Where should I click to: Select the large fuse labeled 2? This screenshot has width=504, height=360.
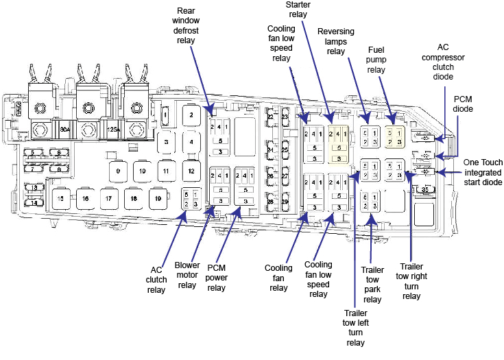click(x=191, y=115)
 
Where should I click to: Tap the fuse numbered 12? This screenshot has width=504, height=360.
click(x=191, y=170)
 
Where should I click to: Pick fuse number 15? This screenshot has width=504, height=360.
click(x=61, y=199)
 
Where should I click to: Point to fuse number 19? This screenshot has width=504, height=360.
click(x=157, y=199)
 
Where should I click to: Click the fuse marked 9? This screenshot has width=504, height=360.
click(x=118, y=170)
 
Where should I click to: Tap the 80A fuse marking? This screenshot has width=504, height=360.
click(x=64, y=128)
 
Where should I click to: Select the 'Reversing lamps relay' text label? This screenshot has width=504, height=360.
click(x=335, y=40)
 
